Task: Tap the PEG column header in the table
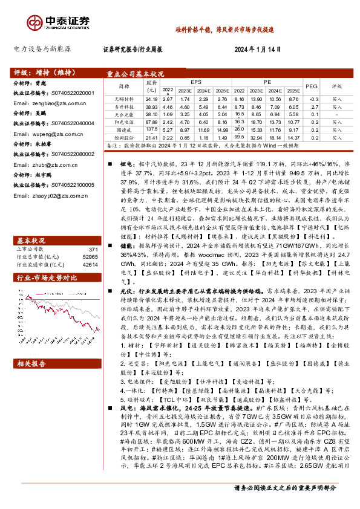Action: [x=312, y=86]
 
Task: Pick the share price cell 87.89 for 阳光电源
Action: [x=151, y=122]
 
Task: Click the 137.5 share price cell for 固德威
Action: [x=151, y=129]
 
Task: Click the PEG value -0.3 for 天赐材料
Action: [x=312, y=98]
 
